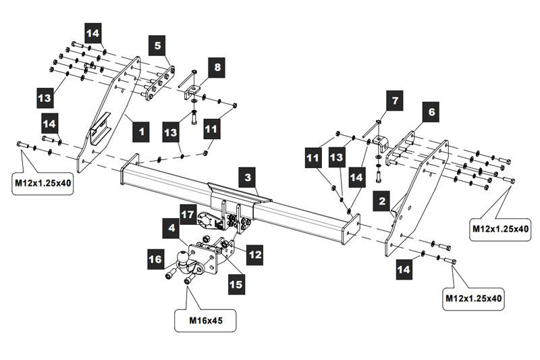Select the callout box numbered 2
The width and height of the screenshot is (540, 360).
point(383,201)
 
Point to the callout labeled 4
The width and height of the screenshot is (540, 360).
point(173,230)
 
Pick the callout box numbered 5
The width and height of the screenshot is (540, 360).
point(157,46)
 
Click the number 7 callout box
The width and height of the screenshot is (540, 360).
point(393,102)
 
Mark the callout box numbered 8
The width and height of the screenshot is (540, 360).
point(217,67)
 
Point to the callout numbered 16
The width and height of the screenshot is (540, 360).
point(156,259)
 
